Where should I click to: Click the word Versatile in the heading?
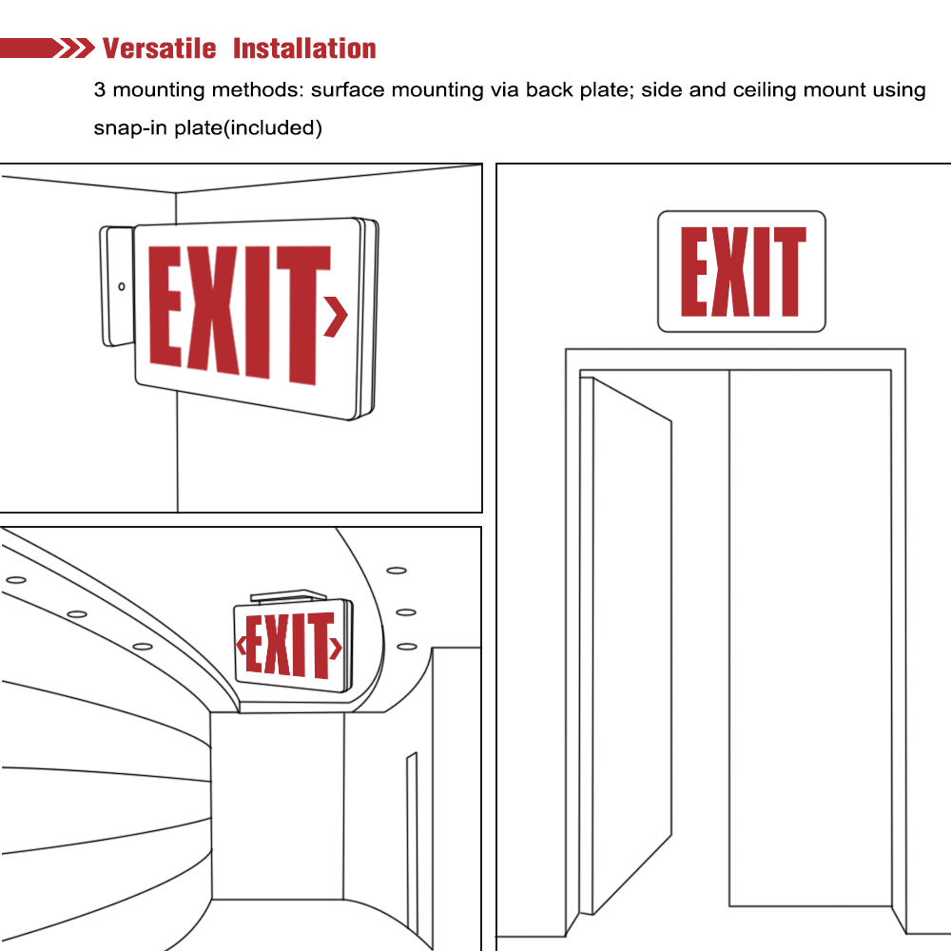159,49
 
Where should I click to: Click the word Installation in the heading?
304,49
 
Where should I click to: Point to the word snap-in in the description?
131,127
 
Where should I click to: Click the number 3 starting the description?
99,90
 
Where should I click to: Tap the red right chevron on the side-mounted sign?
336,317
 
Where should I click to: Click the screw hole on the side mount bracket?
122,286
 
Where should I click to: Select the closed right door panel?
809,637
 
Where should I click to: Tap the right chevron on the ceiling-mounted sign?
336,649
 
